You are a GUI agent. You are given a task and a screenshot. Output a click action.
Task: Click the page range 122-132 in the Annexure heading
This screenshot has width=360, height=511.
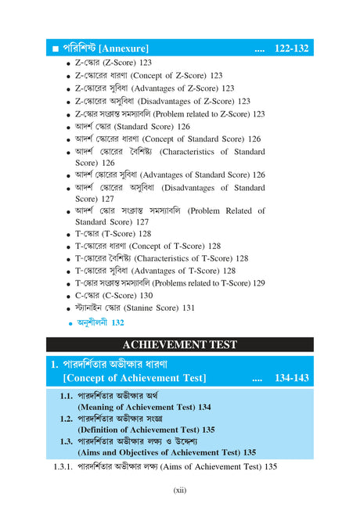[x=291, y=49]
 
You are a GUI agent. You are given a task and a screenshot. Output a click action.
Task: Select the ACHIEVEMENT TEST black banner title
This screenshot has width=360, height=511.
[x=179, y=344]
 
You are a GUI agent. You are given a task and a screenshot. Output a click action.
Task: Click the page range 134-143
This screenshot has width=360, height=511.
[x=291, y=379]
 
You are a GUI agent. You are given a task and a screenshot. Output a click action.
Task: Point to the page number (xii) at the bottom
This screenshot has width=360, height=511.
[x=179, y=491]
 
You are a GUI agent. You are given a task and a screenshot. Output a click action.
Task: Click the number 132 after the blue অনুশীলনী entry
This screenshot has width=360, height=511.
[x=117, y=322]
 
